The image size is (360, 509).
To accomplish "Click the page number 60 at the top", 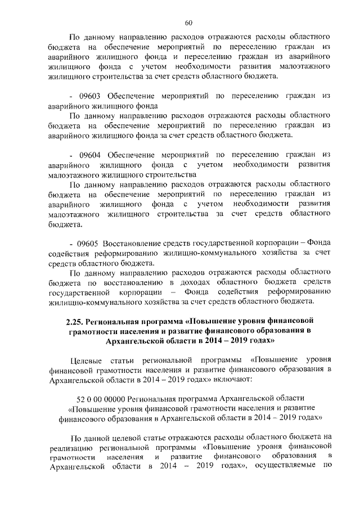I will click(x=188, y=22).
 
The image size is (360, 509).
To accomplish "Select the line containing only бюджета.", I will click(x=65, y=224).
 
